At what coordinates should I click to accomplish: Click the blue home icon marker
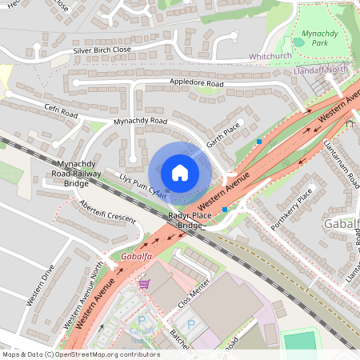pos(180,173)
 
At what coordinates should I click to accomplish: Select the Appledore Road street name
pos(196,82)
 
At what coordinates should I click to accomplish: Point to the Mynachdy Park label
pos(320,38)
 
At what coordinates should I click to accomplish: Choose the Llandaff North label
pos(322,70)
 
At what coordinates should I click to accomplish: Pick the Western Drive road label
pos(40,285)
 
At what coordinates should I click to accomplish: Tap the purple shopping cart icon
pos(144,283)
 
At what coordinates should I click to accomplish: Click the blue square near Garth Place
pos(258,142)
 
